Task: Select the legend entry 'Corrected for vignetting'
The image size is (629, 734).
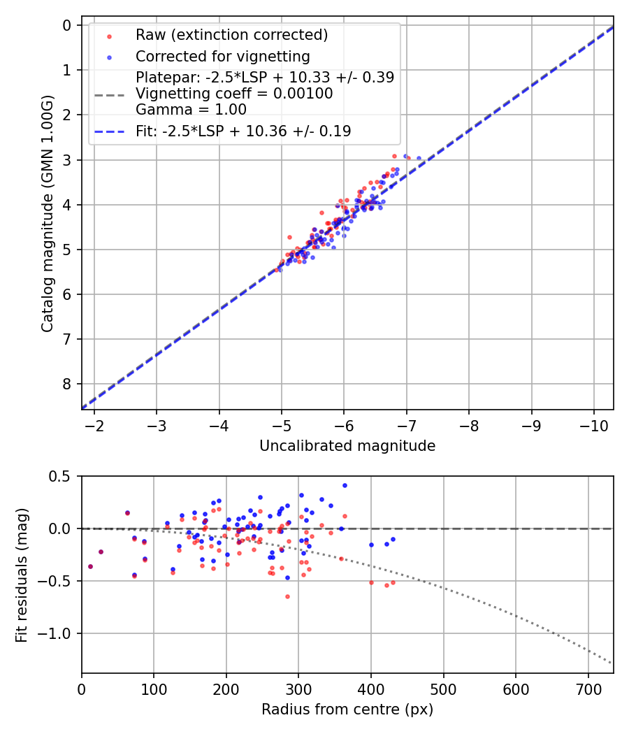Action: pyautogui.click(x=222, y=56)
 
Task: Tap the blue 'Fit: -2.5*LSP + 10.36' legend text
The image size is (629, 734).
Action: pyautogui.click(x=243, y=131)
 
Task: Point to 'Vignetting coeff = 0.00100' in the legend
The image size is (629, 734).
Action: pyautogui.click(x=234, y=94)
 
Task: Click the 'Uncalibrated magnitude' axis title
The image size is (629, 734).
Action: pyautogui.click(x=347, y=446)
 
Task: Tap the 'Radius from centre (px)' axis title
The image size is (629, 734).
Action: pyautogui.click(x=347, y=710)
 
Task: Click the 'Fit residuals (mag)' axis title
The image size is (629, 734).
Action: pyautogui.click(x=21, y=575)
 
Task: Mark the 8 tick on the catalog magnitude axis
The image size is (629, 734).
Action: pyautogui.click(x=67, y=384)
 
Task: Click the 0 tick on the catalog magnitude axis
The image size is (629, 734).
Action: pyautogui.click(x=67, y=26)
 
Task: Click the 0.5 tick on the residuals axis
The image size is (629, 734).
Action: pyautogui.click(x=62, y=476)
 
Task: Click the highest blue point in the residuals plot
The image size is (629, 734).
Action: pyautogui.click(x=345, y=485)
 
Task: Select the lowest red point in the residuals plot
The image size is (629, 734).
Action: pyautogui.click(x=287, y=596)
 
